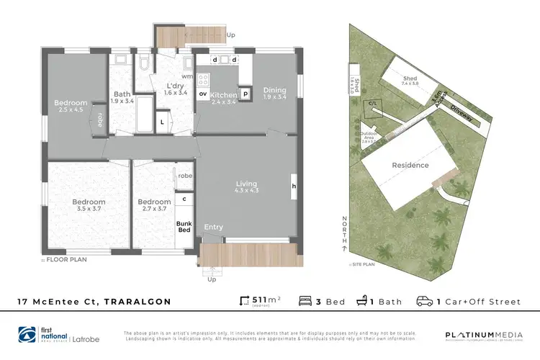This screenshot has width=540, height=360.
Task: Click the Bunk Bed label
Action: point(185,228)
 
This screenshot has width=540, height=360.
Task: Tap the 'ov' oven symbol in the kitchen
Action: point(203,94)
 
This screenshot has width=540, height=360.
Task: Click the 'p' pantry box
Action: point(245,94)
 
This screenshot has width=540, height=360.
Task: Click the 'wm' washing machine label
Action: point(186,76)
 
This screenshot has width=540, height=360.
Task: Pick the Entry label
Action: point(213,228)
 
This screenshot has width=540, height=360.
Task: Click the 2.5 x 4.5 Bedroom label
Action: point(71,107)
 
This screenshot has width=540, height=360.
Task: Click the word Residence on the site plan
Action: point(410,165)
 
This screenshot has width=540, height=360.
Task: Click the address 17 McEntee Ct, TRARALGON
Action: point(94,302)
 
